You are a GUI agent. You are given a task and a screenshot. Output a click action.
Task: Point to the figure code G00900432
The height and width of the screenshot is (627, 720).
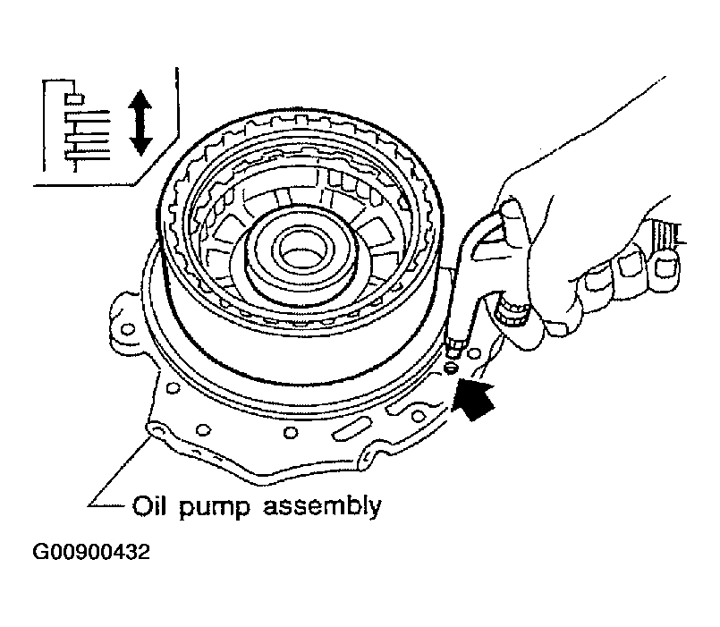91,552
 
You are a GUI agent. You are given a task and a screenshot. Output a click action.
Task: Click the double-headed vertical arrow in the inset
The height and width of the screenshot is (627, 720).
140,123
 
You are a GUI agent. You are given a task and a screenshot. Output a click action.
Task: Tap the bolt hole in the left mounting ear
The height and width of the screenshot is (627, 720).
128,329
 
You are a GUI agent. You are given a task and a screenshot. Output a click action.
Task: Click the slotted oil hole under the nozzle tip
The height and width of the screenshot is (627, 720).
452,367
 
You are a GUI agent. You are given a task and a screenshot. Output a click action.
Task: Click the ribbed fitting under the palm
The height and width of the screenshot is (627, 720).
511,311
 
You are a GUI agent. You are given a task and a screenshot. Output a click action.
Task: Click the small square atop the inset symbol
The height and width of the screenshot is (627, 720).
74,98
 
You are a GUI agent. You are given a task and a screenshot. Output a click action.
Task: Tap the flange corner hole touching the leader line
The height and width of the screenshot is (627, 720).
157,430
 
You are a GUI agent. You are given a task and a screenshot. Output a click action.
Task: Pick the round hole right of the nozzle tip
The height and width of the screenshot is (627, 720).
474,353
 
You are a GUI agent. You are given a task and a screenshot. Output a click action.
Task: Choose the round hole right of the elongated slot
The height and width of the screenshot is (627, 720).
418,416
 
